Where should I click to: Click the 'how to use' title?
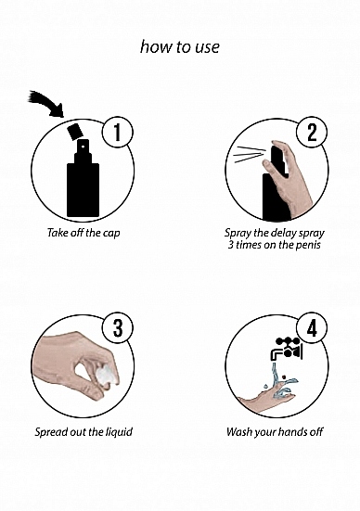pyautogui.click(x=180, y=47)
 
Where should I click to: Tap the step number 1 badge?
pyautogui.click(x=118, y=133)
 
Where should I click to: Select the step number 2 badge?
pyautogui.click(x=312, y=133)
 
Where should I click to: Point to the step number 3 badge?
pyautogui.click(x=118, y=328)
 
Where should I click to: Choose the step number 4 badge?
pyautogui.click(x=312, y=328)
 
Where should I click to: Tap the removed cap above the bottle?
pyautogui.click(x=75, y=132)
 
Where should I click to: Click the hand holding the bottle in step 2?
pyautogui.click(x=289, y=178)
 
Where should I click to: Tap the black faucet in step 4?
pyautogui.click(x=287, y=349)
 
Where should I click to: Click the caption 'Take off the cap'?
pyautogui.click(x=84, y=233)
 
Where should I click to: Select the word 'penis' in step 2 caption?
pyautogui.click(x=308, y=245)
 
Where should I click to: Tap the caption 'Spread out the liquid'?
pyautogui.click(x=84, y=432)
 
